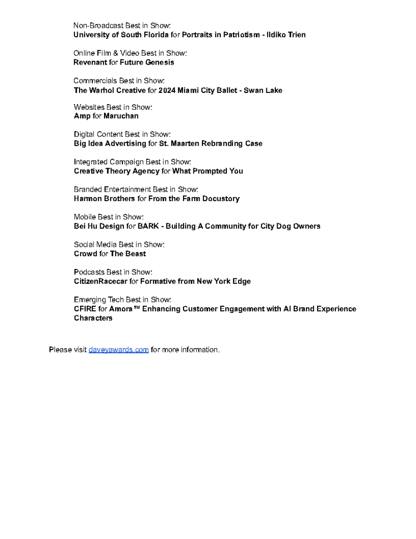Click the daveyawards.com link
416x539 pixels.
click(x=118, y=350)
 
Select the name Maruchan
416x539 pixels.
click(x=121, y=116)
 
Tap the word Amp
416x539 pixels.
click(x=82, y=116)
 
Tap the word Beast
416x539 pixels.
click(x=135, y=253)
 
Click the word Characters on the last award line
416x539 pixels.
click(x=93, y=318)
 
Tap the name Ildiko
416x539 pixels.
click(x=278, y=35)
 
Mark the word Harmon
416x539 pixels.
click(x=88, y=198)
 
